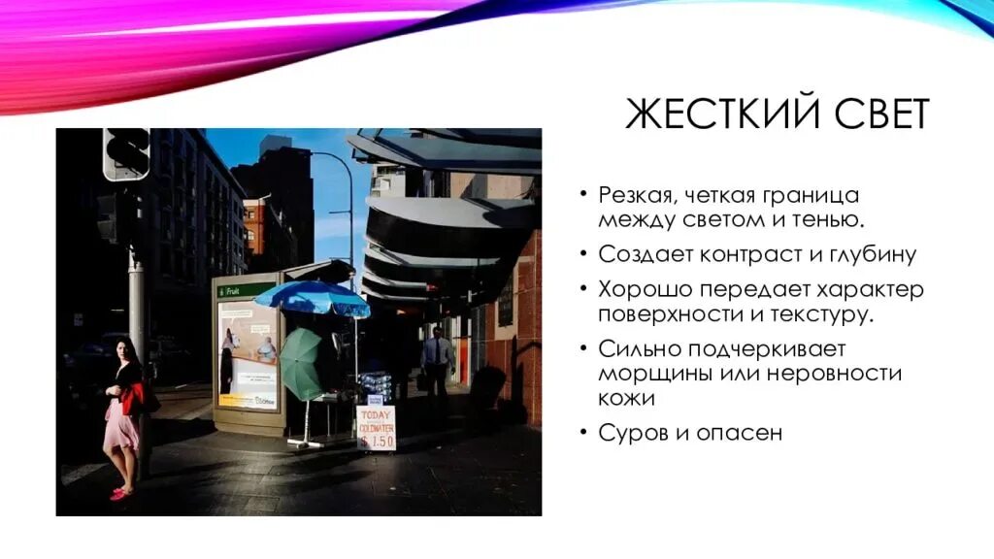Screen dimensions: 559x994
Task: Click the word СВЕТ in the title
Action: (x=879, y=115)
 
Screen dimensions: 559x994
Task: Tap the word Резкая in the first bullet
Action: (x=636, y=195)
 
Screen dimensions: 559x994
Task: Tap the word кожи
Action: (x=625, y=398)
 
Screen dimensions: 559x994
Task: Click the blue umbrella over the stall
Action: (x=313, y=298)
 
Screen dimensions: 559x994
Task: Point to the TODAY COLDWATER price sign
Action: (x=376, y=427)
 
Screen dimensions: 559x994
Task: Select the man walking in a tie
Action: (x=437, y=359)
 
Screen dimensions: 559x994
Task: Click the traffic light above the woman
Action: (x=126, y=154)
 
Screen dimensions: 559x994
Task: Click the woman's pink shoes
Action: (x=121, y=494)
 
